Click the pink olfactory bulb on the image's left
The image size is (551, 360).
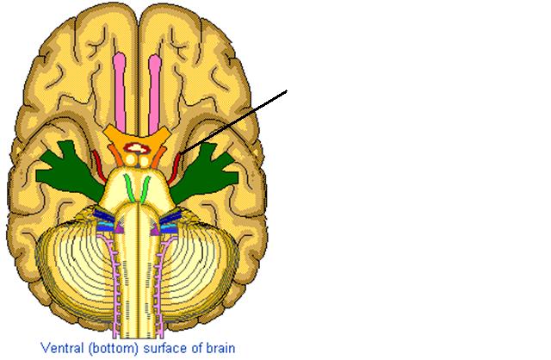120,92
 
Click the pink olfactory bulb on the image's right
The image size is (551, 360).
155,94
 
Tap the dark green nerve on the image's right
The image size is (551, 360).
206,174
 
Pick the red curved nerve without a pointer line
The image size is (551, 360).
99,166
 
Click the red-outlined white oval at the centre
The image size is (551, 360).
138,148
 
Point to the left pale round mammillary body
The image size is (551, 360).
131,160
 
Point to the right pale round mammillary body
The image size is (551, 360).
144,161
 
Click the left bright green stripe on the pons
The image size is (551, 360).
129,189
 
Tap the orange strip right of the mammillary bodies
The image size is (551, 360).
158,157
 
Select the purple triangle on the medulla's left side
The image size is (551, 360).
120,228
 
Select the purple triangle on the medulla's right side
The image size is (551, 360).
155,229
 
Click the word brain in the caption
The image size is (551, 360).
220,348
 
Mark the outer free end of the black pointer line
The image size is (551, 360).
287,91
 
